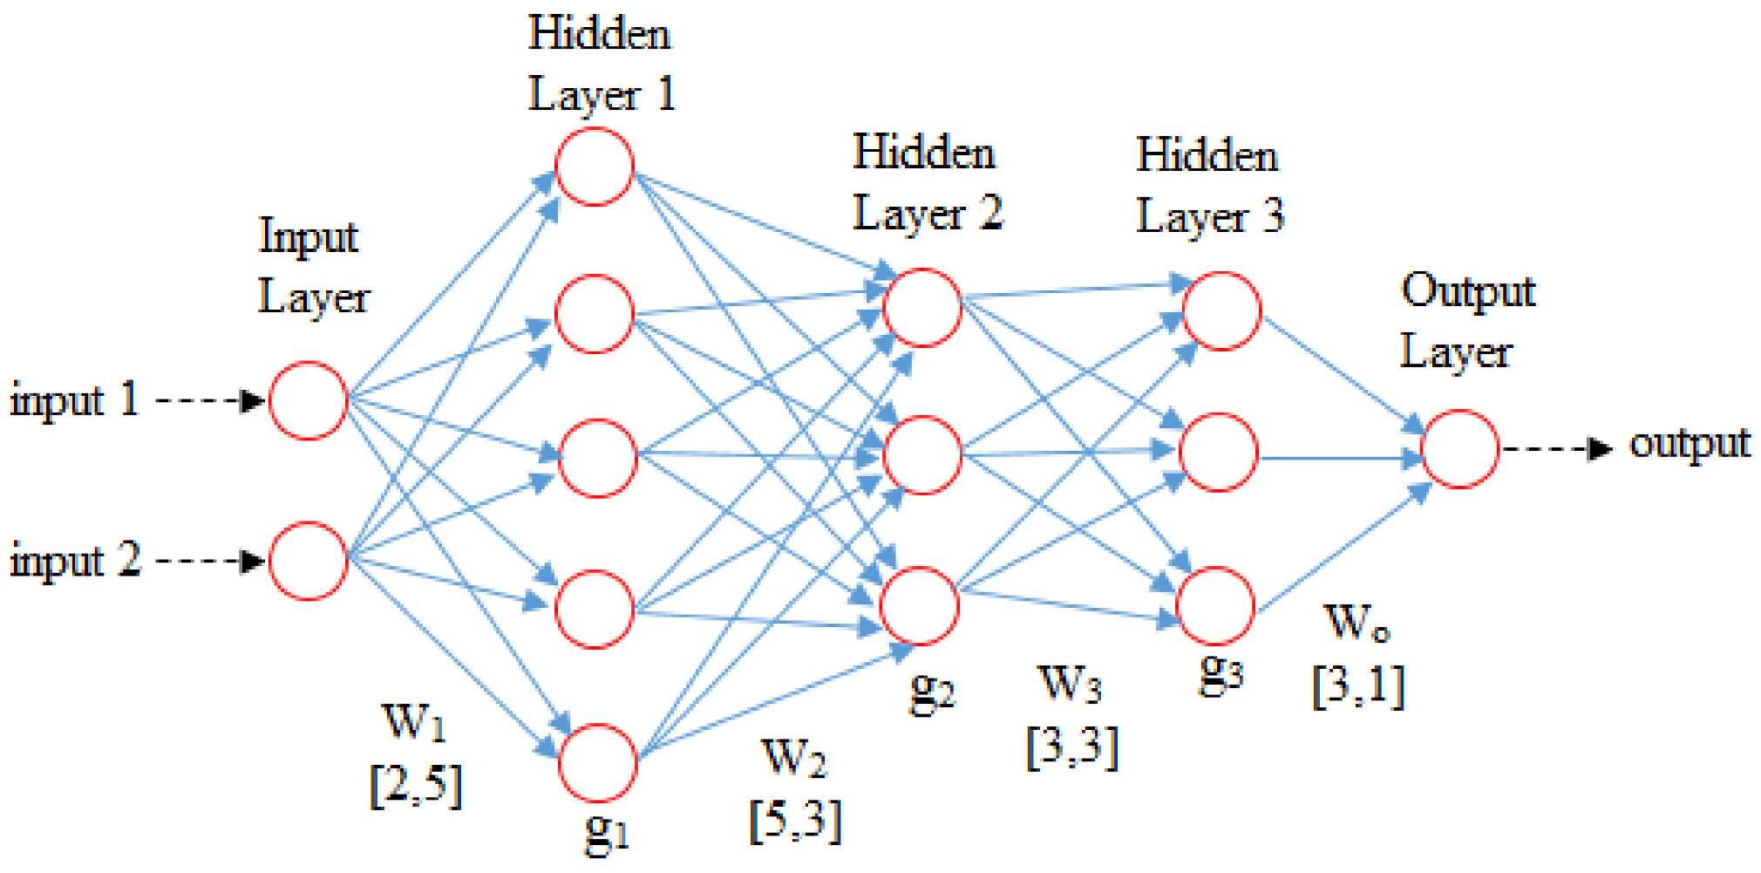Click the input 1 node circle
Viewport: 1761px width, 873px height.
click(x=309, y=400)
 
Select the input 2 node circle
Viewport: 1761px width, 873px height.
click(x=309, y=561)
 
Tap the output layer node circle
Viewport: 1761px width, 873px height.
click(x=1460, y=449)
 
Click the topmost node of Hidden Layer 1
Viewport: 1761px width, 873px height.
click(x=595, y=167)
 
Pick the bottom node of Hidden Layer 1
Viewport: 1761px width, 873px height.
click(x=598, y=762)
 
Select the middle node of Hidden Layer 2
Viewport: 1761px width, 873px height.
click(x=922, y=454)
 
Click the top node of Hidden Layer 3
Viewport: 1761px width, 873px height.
click(x=1221, y=311)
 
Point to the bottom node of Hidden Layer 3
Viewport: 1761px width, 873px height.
click(x=1215, y=606)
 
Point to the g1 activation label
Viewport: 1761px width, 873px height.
click(x=606, y=832)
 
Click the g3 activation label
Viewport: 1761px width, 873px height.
click(x=1220, y=672)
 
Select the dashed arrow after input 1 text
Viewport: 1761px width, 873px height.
click(x=209, y=400)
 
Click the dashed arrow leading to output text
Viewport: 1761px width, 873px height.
click(x=1557, y=449)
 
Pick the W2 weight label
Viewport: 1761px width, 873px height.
click(x=793, y=757)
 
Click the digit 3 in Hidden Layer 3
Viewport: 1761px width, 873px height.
click(x=1273, y=215)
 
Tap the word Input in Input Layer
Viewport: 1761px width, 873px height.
click(x=309, y=237)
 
